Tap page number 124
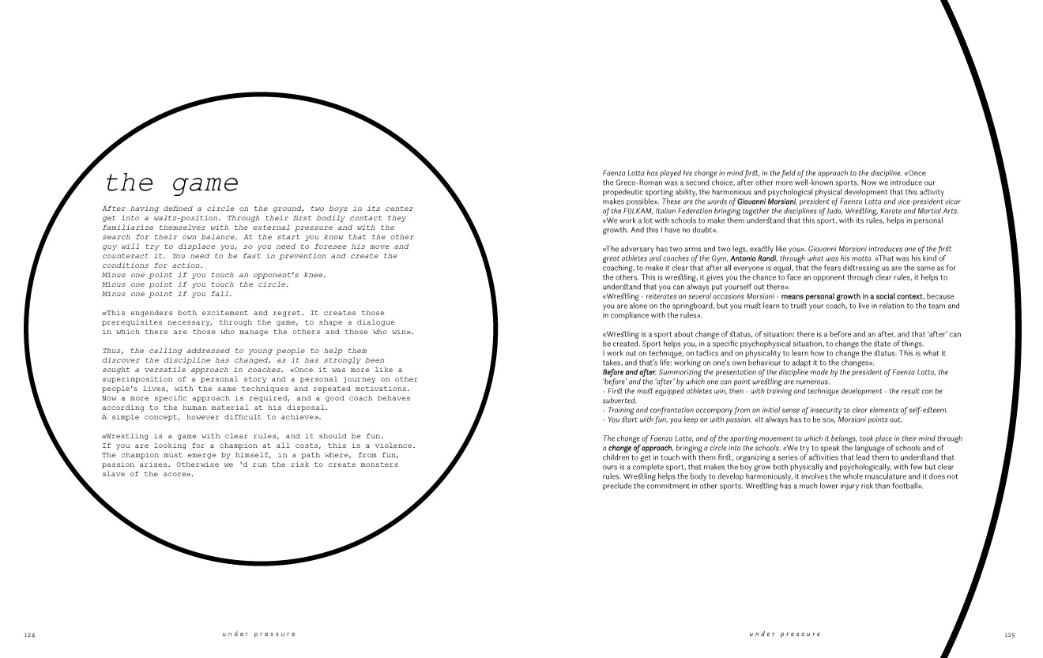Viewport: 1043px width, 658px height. [x=30, y=634]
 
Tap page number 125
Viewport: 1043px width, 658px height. [x=1009, y=634]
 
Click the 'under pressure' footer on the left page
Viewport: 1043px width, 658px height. [x=259, y=634]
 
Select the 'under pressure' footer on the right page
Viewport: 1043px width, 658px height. [x=785, y=634]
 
